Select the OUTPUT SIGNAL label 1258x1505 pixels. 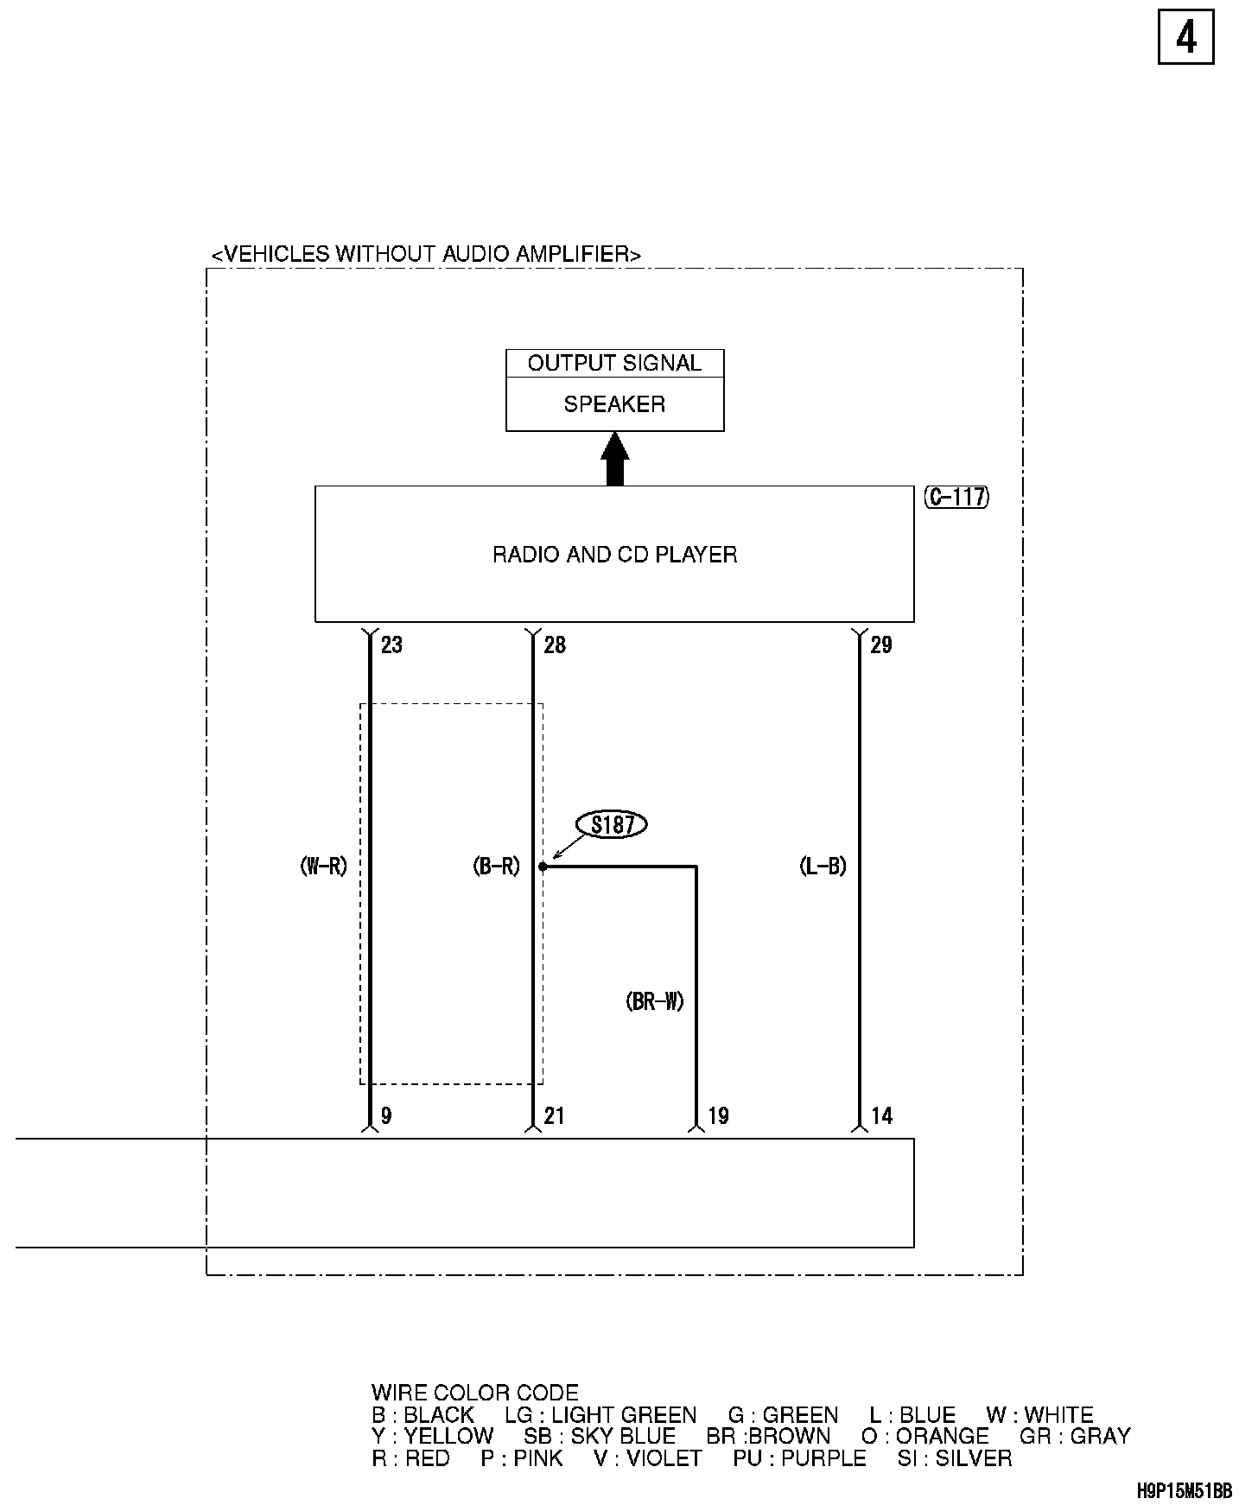[x=614, y=364]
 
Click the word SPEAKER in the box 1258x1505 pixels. [x=614, y=404]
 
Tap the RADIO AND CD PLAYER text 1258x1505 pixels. [x=614, y=555]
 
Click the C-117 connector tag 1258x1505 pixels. [x=956, y=498]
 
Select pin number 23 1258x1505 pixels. [x=391, y=645]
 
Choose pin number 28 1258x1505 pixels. [x=555, y=645]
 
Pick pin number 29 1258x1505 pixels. [x=881, y=645]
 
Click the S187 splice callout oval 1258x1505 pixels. [x=613, y=825]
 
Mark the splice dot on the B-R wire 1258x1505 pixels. [x=543, y=866]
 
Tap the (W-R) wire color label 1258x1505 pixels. [x=323, y=867]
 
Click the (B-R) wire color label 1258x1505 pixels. [x=497, y=867]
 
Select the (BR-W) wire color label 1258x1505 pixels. [x=655, y=1001]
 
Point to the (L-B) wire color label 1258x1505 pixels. [x=823, y=867]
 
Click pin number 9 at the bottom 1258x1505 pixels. [x=386, y=1116]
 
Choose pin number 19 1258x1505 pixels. [x=718, y=1116]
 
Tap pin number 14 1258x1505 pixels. [x=881, y=1116]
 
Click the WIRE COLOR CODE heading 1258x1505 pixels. [x=474, y=1393]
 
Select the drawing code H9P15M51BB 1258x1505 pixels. [x=1184, y=1490]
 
